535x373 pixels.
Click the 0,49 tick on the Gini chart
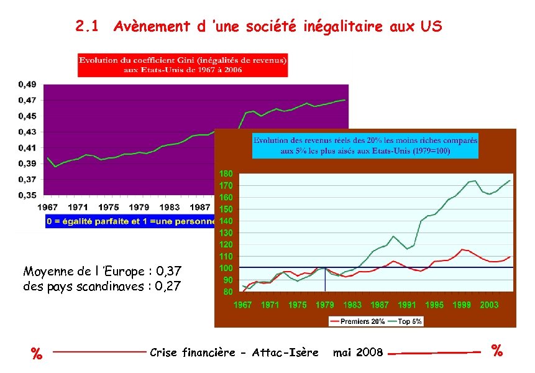pyautogui.click(x=26, y=84)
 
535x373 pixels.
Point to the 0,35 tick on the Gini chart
pyautogui.click(x=26, y=195)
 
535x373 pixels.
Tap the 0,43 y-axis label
pyautogui.click(x=26, y=132)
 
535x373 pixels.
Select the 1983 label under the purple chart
pyautogui.click(x=170, y=207)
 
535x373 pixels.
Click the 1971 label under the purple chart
pyautogui.click(x=78, y=207)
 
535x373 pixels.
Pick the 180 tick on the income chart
pyautogui.click(x=226, y=173)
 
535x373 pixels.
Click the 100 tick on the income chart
pyautogui.click(x=226, y=268)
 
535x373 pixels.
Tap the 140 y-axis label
pyautogui.click(x=226, y=221)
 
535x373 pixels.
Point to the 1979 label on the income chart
pyautogui.click(x=325, y=305)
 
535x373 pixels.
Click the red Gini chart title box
pyautogui.click(x=183, y=65)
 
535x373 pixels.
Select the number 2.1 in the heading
pyautogui.click(x=87, y=27)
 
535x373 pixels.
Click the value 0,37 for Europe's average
pyautogui.click(x=170, y=272)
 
